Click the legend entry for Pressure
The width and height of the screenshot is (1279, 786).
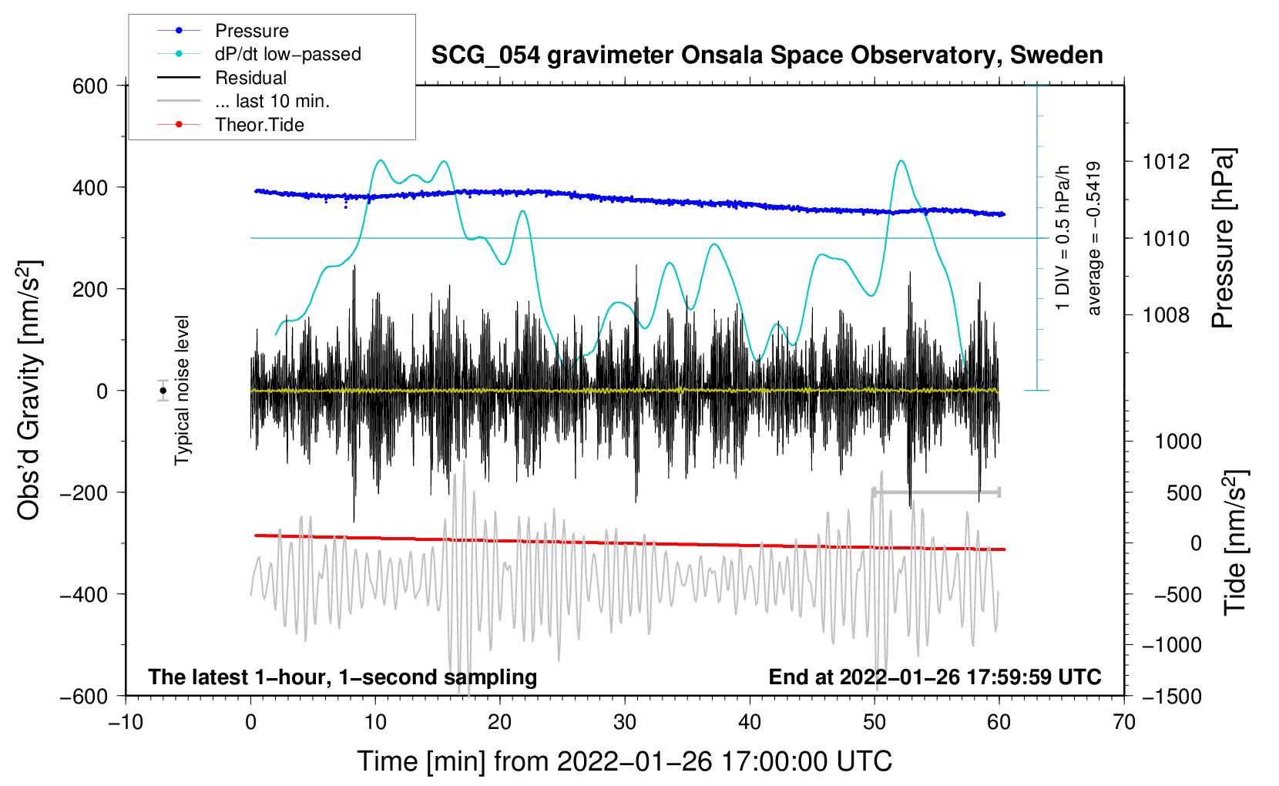(x=223, y=30)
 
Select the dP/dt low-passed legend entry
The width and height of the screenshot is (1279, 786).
(x=259, y=54)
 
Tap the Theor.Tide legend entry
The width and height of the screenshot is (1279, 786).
(x=230, y=125)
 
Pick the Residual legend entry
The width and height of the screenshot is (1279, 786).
(x=222, y=78)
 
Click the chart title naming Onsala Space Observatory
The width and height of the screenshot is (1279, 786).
(x=767, y=55)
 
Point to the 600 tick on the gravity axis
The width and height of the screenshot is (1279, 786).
(x=89, y=86)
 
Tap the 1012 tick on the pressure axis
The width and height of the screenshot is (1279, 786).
(x=1166, y=162)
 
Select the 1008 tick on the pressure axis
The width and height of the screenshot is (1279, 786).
(x=1166, y=314)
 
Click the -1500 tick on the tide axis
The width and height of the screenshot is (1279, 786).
(x=1172, y=697)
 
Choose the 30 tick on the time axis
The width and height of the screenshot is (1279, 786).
(x=625, y=722)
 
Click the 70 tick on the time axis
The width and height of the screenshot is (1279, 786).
(x=1123, y=722)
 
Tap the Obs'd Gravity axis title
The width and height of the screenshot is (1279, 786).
(x=29, y=390)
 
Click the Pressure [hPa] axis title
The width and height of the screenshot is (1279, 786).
(x=1223, y=238)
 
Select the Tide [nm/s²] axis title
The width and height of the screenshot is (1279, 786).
(x=1236, y=542)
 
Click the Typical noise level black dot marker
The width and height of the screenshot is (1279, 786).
(x=163, y=391)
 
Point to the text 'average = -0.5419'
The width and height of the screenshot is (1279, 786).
(x=1093, y=238)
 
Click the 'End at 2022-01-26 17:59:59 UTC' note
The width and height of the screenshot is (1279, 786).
(x=935, y=677)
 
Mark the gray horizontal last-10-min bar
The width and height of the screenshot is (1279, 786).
(x=936, y=492)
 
